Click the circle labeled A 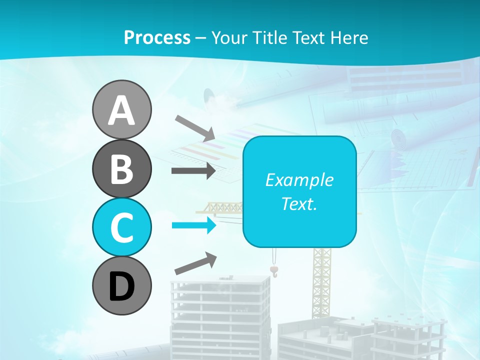pos(121,109)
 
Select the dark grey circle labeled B pos(121,168)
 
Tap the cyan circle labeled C pos(121,227)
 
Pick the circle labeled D pos(121,285)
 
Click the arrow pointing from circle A pos(195,127)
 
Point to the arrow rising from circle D pos(195,263)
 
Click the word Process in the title pos(157,37)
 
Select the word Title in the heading pos(270,37)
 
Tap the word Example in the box pos(299,180)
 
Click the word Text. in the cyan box pos(299,203)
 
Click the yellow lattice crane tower pos(321,280)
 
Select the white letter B pos(121,168)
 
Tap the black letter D pos(121,286)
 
